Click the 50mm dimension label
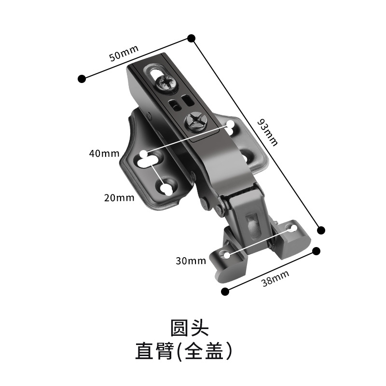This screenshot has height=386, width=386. coord(124,53)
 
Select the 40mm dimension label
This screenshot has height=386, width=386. coord(104,154)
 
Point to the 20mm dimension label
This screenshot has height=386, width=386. coord(118,197)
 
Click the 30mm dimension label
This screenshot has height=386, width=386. coord(191,261)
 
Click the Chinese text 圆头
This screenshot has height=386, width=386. coord(189,328)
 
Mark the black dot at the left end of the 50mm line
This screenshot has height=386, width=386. coord(82,78)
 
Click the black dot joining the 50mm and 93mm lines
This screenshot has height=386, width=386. coord(191,38)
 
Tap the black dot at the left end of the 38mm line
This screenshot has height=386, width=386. coord(224,291)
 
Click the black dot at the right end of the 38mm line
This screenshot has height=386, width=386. coord(317,251)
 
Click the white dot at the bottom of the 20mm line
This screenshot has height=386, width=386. coord(165,189)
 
